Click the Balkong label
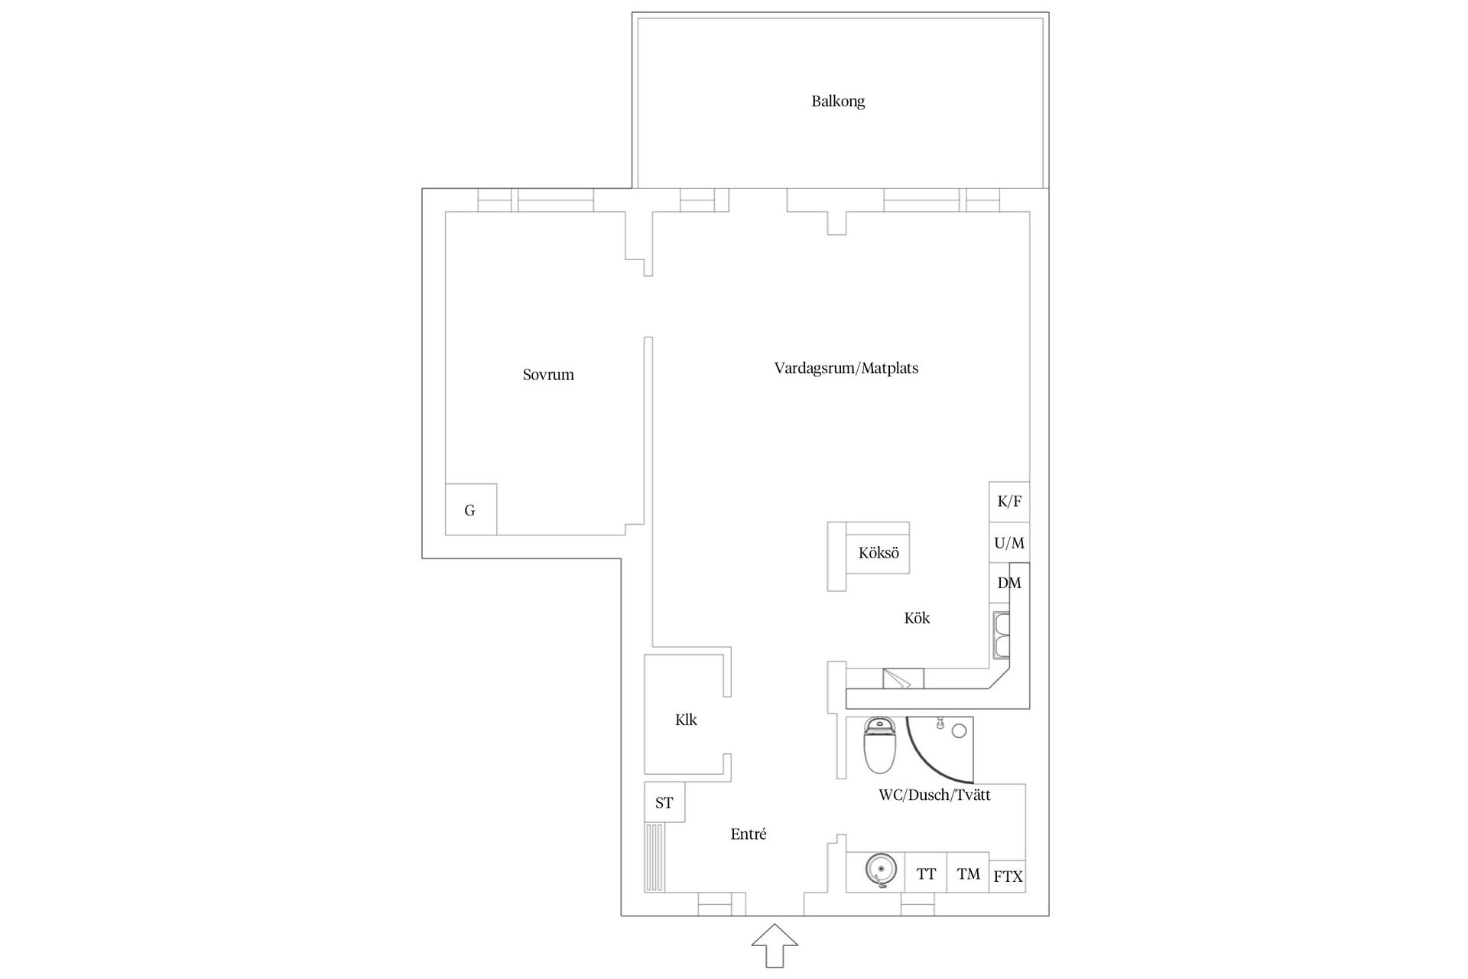tap(838, 101)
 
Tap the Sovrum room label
tap(548, 375)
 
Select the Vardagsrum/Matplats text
tap(846, 368)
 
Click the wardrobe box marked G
tap(470, 510)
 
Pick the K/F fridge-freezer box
tap(1009, 502)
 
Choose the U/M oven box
tap(1009, 543)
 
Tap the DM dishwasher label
tap(1009, 583)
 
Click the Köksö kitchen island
tap(878, 553)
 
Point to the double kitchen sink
tap(1001, 635)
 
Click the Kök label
tap(917, 618)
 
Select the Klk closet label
tap(686, 720)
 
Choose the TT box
tap(926, 873)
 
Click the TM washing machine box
tap(968, 873)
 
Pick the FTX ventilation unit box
tap(1008, 877)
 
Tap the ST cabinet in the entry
tap(664, 802)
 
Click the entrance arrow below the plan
tap(775, 945)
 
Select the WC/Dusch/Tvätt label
tap(934, 795)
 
